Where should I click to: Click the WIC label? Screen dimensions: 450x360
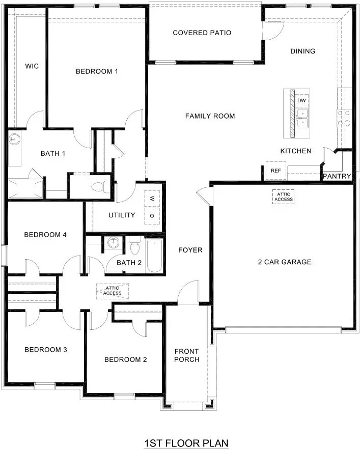coord(32,66)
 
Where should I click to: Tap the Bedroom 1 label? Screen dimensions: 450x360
coord(97,71)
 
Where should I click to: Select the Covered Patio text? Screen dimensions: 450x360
coord(202,33)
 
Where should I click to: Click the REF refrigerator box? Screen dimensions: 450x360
coord(275,171)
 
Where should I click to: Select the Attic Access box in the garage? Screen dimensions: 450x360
coord(284,196)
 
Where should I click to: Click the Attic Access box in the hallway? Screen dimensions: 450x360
coord(112,291)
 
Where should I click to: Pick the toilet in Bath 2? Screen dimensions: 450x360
coord(134,247)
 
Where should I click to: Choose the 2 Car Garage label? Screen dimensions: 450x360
coord(284,262)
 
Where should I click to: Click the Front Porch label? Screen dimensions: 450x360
coord(186,355)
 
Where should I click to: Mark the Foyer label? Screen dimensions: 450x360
coord(190,250)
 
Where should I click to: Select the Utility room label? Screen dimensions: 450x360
coord(122,215)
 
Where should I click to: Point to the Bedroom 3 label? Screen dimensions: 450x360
coord(46,350)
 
